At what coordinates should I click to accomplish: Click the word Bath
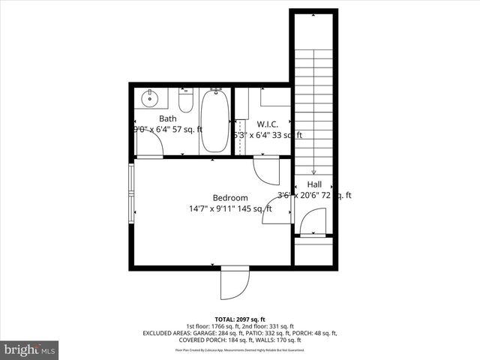click(x=168, y=118)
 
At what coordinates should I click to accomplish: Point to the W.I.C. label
click(x=268, y=124)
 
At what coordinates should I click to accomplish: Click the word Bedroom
click(x=229, y=198)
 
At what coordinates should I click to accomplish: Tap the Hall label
click(x=314, y=184)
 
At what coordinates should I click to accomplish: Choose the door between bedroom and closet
click(x=265, y=171)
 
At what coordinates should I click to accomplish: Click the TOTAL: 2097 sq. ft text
click(x=240, y=319)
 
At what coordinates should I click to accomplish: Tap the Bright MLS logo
click(x=30, y=349)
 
